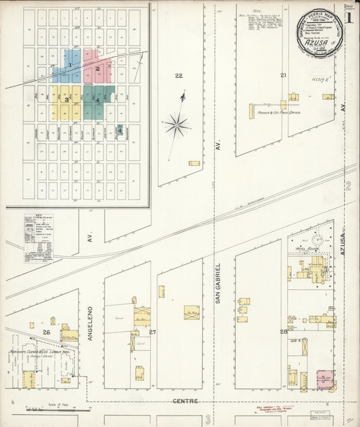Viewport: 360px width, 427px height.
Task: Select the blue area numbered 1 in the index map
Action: click(x=67, y=66)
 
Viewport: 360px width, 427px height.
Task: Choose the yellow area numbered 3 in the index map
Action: click(x=67, y=100)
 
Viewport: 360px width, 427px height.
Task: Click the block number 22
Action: click(x=178, y=75)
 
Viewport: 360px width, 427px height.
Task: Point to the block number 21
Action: click(x=284, y=74)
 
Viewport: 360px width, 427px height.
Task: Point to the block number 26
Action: click(x=47, y=332)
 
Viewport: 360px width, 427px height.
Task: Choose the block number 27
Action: click(x=153, y=332)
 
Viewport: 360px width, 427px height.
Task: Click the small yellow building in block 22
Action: click(x=194, y=163)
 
